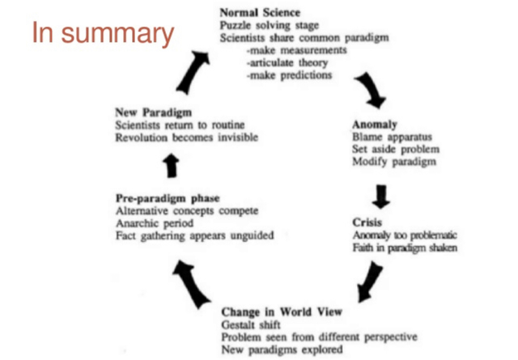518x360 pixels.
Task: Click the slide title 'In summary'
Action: (x=103, y=33)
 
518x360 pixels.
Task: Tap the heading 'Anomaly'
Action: (x=374, y=125)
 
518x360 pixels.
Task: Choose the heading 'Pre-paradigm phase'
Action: (x=168, y=198)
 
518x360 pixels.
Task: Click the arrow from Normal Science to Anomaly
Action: (x=372, y=92)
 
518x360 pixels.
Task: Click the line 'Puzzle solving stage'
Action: (x=265, y=26)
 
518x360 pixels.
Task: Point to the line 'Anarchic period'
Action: (x=155, y=223)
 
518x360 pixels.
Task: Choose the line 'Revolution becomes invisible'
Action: (x=187, y=138)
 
